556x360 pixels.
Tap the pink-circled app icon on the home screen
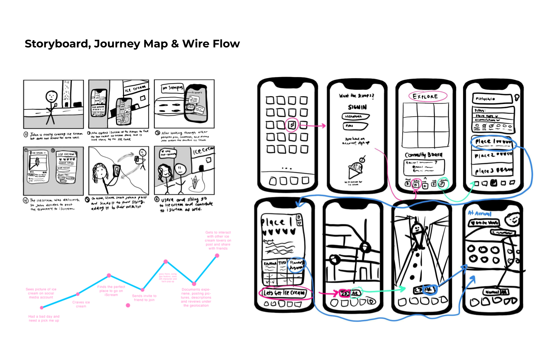click(x=292, y=125)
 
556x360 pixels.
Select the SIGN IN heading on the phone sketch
click(x=357, y=107)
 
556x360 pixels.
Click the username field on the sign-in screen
click(x=355, y=117)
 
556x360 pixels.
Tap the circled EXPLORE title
click(x=425, y=96)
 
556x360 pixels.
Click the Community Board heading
click(x=424, y=155)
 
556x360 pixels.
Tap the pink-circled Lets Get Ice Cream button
click(x=285, y=293)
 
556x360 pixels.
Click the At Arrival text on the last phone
click(x=479, y=213)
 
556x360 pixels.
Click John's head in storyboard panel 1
click(x=51, y=96)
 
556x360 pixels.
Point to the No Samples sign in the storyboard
click(x=172, y=88)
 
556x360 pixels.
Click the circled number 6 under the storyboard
click(x=157, y=199)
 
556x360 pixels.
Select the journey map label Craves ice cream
click(x=81, y=304)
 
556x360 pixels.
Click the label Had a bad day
click(x=44, y=318)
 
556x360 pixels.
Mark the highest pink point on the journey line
click(x=217, y=255)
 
